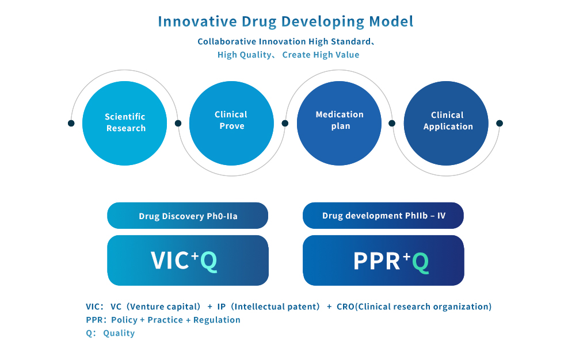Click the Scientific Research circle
[125, 123]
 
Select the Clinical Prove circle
[231, 123]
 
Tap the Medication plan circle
[339, 123]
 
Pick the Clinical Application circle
[446, 123]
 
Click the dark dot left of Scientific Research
[71, 123]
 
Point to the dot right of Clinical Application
[500, 123]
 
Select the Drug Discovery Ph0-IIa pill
[188, 216]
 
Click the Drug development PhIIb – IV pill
[383, 216]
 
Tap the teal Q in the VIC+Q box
[209, 261]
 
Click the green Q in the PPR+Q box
[421, 262]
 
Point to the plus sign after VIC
[195, 255]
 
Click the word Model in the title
[391, 21]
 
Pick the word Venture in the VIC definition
[146, 307]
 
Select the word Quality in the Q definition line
[119, 333]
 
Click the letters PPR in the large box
[376, 261]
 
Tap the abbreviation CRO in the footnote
[345, 307]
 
